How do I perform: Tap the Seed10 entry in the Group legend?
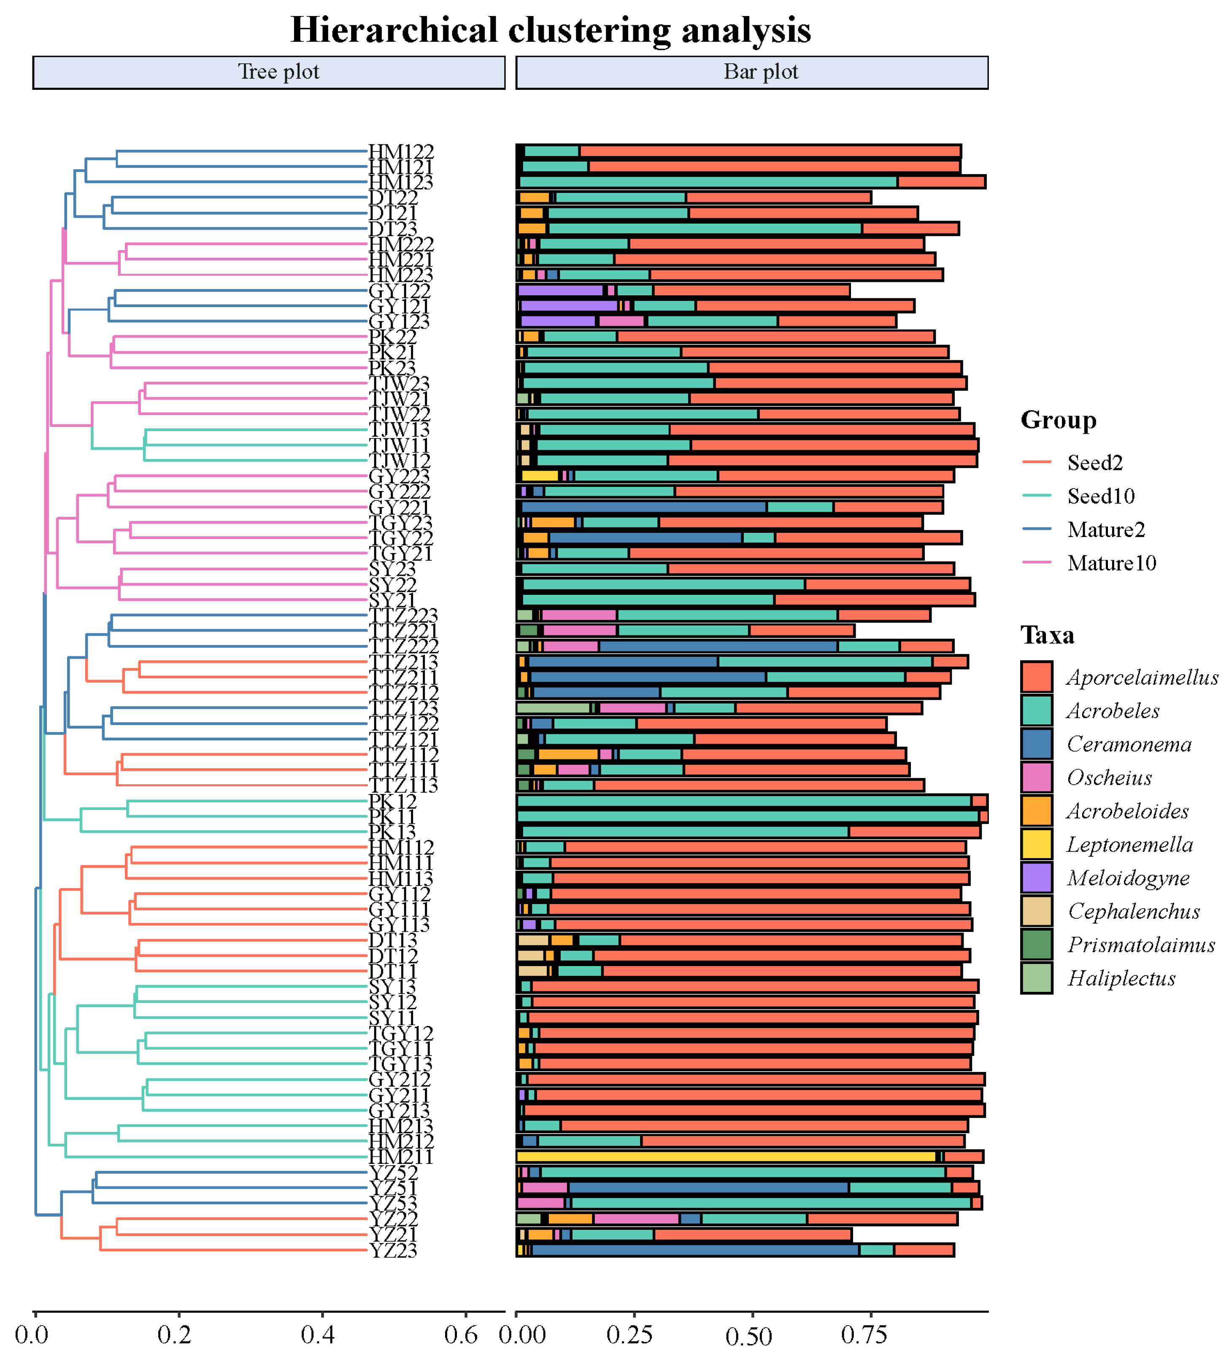[1100, 496]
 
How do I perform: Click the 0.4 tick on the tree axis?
[317, 1334]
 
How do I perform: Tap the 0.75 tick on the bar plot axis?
[864, 1334]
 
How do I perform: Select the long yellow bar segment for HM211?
[726, 1156]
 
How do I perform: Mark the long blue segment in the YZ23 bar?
[694, 1250]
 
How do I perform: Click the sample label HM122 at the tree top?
[401, 152]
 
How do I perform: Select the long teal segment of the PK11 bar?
[747, 816]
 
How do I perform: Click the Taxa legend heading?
[1047, 635]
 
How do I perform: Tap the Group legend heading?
[1058, 420]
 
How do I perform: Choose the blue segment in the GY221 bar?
[643, 507]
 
